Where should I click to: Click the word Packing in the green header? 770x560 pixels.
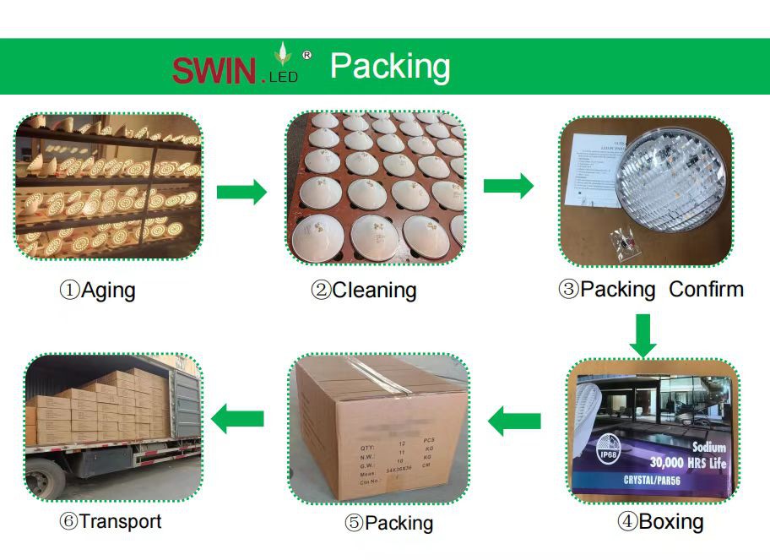[x=390, y=67]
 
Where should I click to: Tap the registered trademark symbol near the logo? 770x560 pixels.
[x=306, y=55]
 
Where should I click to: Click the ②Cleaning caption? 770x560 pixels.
[x=363, y=291]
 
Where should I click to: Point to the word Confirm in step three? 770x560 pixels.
[x=706, y=290]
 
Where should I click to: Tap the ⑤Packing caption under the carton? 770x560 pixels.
[x=388, y=523]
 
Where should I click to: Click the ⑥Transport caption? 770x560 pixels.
[x=110, y=521]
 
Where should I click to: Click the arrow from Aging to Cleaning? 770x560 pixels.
[x=241, y=192]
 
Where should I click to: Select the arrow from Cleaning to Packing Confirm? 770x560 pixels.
[x=508, y=186]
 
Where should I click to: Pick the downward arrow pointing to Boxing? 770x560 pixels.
[x=644, y=335]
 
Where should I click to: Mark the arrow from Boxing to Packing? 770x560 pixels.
[x=515, y=420]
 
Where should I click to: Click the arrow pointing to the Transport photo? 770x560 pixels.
[x=237, y=417]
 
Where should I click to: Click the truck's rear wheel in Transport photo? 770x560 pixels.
[x=51, y=478]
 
